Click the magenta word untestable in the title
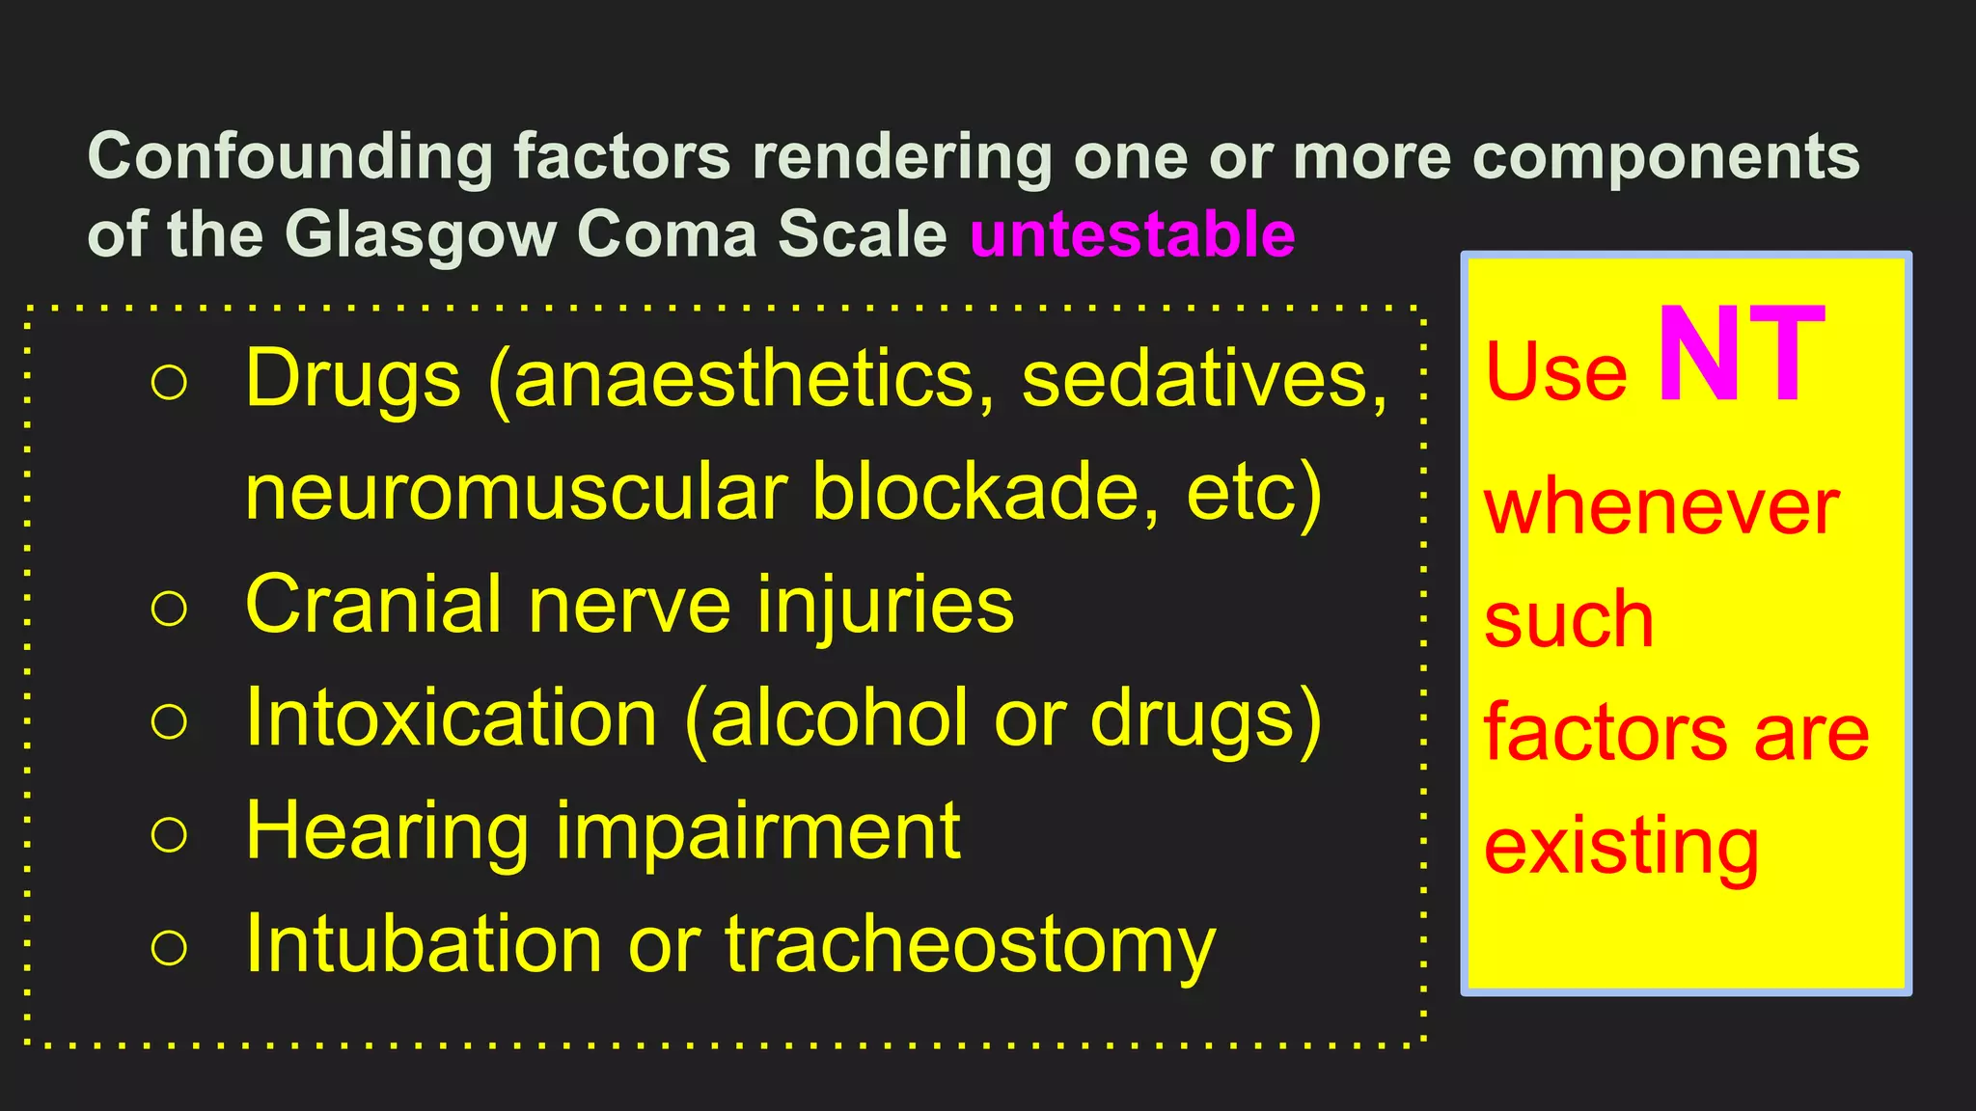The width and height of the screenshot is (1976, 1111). tap(1132, 234)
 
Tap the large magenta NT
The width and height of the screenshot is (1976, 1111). tap(1741, 356)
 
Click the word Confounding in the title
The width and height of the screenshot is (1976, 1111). tap(290, 156)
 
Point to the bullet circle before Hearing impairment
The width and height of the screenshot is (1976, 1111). tap(169, 834)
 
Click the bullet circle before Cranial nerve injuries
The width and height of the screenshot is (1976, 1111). tap(169, 609)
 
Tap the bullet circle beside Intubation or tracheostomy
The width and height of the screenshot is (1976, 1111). tap(169, 947)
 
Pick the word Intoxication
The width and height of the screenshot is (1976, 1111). tap(452, 718)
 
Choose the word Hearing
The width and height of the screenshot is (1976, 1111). tap(387, 833)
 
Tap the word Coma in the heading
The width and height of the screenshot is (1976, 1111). tap(667, 234)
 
